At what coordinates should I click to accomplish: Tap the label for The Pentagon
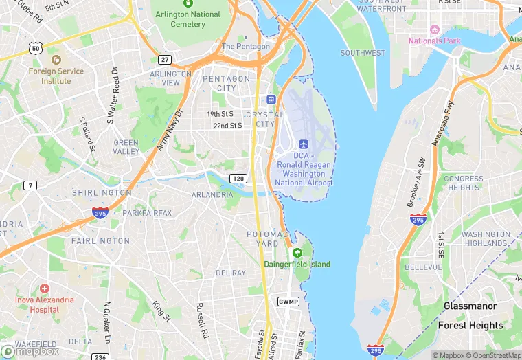(246, 46)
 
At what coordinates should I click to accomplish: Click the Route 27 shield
(164, 60)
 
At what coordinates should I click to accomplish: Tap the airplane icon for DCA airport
(304, 143)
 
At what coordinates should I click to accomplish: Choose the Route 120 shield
(238, 179)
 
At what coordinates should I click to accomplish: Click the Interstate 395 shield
(100, 213)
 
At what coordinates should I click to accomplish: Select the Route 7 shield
(30, 185)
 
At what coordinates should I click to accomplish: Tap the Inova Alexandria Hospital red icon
(45, 289)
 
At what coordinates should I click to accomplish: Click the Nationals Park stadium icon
(434, 30)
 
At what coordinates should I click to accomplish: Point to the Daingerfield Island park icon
(297, 253)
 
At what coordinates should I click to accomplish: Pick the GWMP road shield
(288, 302)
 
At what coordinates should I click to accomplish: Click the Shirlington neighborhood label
(102, 193)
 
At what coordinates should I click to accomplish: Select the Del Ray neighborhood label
(231, 273)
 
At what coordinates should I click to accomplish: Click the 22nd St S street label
(228, 126)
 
